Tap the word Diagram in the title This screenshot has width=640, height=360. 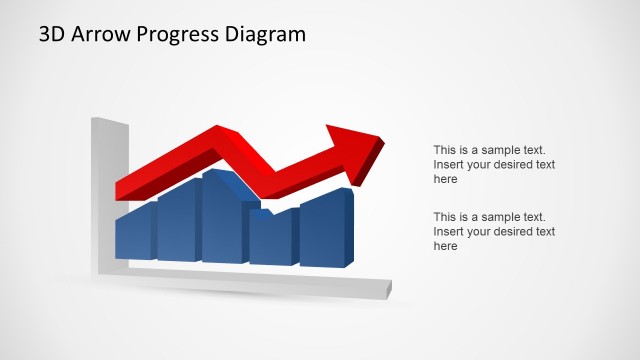(x=265, y=35)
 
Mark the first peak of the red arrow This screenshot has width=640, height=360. (x=218, y=134)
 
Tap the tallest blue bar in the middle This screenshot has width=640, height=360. (x=222, y=220)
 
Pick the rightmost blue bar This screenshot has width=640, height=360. (x=322, y=233)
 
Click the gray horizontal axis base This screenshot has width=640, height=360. (x=250, y=282)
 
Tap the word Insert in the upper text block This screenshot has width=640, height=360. (x=448, y=165)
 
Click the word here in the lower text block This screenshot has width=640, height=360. (x=445, y=246)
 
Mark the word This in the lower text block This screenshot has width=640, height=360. (x=445, y=217)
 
